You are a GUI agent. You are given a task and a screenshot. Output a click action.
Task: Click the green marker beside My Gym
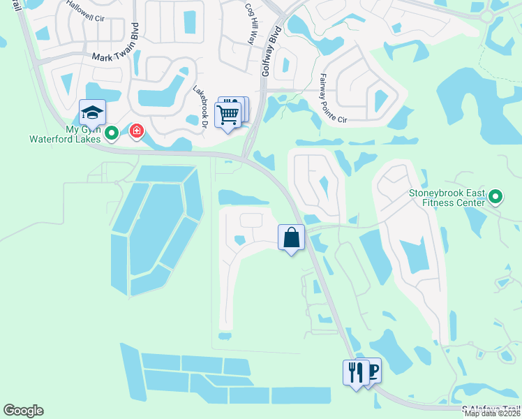pos(112,131)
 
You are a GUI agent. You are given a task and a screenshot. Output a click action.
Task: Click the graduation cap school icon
pos(92,112)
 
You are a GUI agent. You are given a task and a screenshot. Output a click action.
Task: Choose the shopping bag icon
pos(291,237)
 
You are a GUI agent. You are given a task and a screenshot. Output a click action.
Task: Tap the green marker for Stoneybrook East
pos(495,197)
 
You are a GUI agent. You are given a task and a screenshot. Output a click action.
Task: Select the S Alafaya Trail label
pos(491,409)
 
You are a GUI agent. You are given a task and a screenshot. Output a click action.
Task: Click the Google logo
pos(23,411)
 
